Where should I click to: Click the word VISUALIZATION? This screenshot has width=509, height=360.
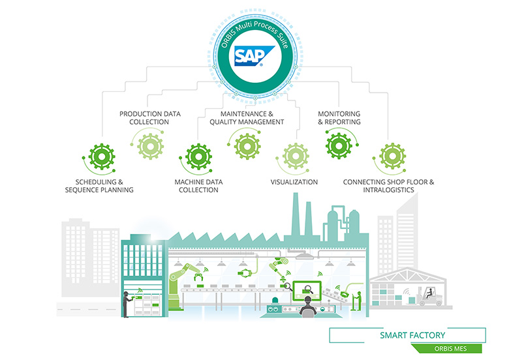pyautogui.click(x=294, y=182)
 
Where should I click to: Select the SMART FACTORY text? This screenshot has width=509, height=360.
pyautogui.click(x=412, y=336)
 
